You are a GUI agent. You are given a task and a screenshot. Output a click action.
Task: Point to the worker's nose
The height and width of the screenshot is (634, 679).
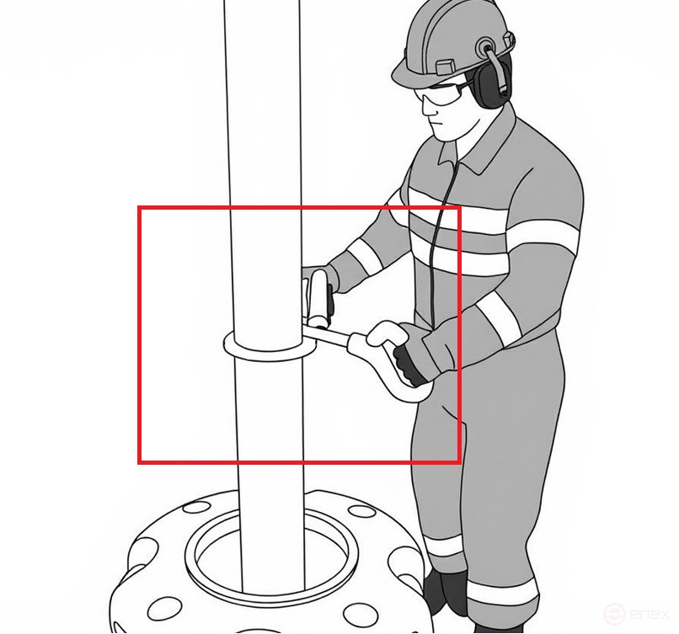pyautogui.click(x=429, y=108)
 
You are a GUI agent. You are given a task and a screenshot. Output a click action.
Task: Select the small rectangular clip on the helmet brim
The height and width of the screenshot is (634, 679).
pyautogui.click(x=446, y=67)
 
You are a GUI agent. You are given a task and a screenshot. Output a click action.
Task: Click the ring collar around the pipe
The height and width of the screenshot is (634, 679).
pyautogui.click(x=270, y=346)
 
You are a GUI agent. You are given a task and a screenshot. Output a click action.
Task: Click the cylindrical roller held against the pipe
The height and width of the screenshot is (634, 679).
pyautogui.click(x=319, y=299)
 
